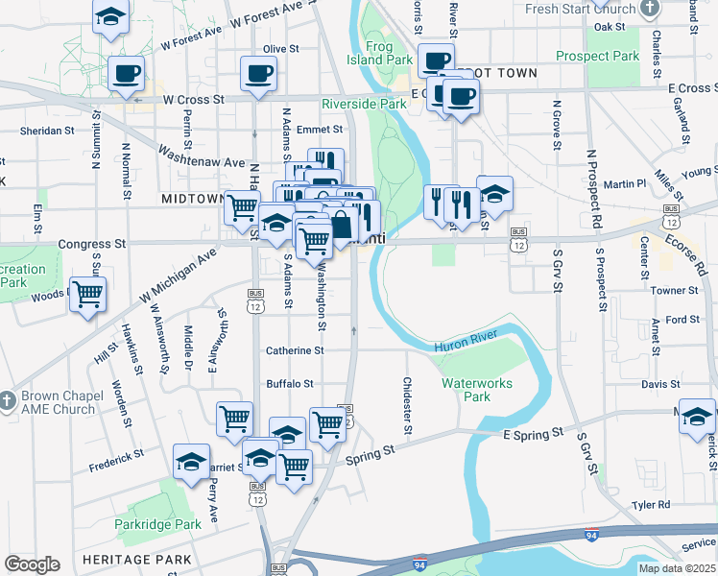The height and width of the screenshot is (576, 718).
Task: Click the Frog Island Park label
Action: (389, 53)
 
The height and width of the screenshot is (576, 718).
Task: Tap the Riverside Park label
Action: (364, 103)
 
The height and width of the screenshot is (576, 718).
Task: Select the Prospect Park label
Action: (597, 57)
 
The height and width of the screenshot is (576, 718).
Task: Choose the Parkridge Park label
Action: (157, 524)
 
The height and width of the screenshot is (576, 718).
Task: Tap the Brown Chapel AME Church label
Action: (55, 402)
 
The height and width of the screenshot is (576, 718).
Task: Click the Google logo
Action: (32, 564)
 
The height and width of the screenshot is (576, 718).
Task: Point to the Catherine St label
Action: (295, 351)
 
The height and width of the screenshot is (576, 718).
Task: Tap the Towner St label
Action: (674, 290)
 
